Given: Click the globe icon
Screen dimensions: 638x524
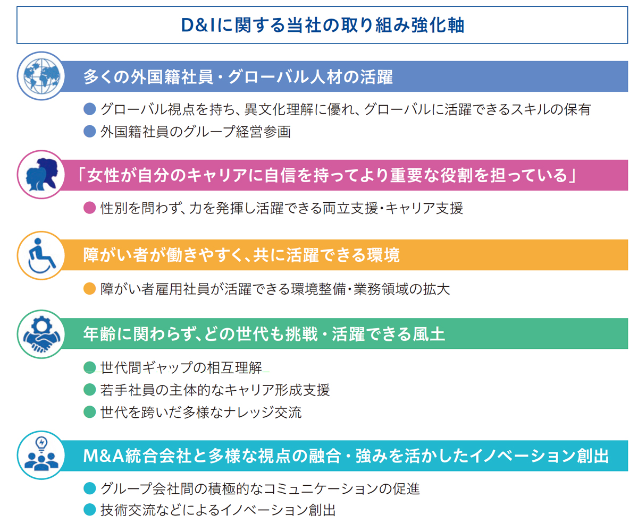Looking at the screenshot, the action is tap(41, 76).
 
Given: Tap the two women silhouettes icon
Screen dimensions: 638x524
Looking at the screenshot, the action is tap(41, 175).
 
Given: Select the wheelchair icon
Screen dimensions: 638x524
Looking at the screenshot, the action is tap(41, 255).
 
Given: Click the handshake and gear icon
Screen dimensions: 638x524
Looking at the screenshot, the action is tap(41, 334).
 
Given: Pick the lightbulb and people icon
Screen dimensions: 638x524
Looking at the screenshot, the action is tap(41, 454).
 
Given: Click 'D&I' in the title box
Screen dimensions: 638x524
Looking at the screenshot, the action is tap(198, 25).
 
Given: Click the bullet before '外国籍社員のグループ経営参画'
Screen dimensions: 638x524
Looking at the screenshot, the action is tap(89, 132).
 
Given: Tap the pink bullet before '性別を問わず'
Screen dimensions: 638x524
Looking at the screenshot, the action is tap(89, 208).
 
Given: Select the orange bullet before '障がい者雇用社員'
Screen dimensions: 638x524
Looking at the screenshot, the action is tap(89, 288).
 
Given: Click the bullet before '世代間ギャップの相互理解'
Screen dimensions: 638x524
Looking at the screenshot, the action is tap(89, 367).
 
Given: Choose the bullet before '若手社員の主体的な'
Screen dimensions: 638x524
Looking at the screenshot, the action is tap(89, 390).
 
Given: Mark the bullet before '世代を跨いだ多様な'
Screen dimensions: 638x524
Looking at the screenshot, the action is tap(89, 412).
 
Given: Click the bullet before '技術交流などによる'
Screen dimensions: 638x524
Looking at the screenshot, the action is tap(89, 510).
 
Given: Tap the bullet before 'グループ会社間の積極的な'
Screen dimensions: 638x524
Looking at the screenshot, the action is tap(89, 488).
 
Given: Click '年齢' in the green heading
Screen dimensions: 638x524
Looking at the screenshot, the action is tap(99, 334).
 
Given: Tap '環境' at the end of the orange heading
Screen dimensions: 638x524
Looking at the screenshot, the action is tap(383, 255).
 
